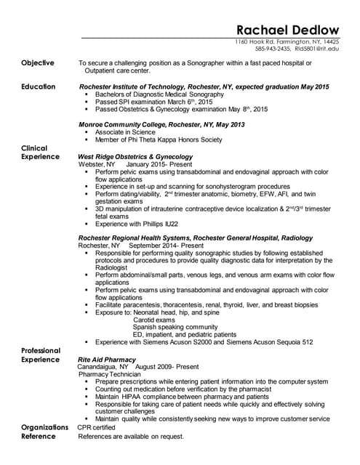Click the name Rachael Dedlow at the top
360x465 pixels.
pyautogui.click(x=288, y=30)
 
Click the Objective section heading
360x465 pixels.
pyautogui.click(x=38, y=63)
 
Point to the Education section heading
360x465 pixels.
pyautogui.click(x=39, y=86)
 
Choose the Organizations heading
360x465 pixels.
pyautogui.click(x=44, y=427)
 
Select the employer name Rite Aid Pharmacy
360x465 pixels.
pyautogui.click(x=107, y=360)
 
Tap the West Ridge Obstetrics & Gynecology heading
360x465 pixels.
pyautogui.click(x=135, y=156)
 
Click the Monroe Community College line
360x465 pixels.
pyautogui.click(x=161, y=125)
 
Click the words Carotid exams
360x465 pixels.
pyautogui.click(x=154, y=320)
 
